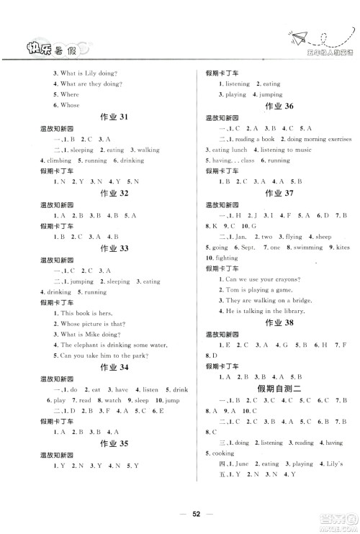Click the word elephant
[81, 344]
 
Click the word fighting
[227, 257]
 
